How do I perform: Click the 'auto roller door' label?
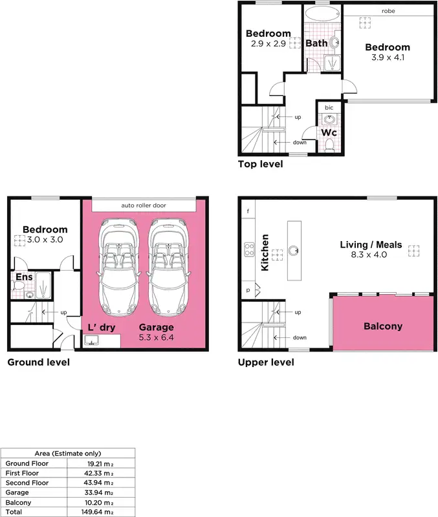[144, 206]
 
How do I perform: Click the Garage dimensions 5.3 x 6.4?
[157, 337]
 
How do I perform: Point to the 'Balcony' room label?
[382, 326]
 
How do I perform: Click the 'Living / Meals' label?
[371, 245]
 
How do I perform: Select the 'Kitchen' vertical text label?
[265, 252]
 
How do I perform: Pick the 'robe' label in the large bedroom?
[388, 11]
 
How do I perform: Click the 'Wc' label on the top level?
[329, 133]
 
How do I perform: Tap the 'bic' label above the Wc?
[329, 107]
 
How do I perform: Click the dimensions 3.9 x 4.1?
[388, 58]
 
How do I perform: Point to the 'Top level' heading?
[261, 164]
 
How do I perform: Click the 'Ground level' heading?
[38, 363]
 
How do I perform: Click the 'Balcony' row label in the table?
[17, 501]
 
